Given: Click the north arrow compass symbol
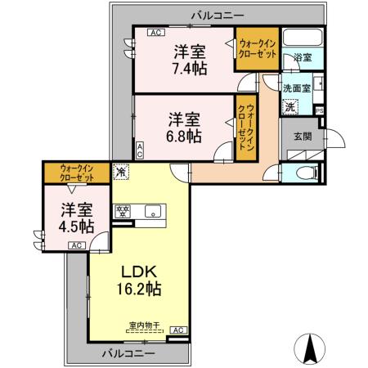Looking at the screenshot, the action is click(310, 348).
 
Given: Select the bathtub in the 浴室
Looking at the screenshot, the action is click(303, 37).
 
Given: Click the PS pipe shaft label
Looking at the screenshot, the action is click(320, 111).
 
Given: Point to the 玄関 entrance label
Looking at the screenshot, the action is click(303, 137).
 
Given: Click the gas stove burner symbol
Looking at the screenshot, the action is click(123, 212).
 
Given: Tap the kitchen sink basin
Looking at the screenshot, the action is click(153, 211).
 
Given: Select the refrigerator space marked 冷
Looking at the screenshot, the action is click(120, 172).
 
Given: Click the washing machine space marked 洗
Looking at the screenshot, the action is click(290, 106).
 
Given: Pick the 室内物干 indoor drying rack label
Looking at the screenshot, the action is click(145, 325).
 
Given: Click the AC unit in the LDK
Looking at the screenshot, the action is click(178, 330).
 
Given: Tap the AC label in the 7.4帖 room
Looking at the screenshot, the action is click(156, 33).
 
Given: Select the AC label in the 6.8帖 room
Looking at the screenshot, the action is click(139, 150).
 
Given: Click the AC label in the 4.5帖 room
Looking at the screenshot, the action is click(77, 245).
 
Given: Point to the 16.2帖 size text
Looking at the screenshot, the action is click(139, 289).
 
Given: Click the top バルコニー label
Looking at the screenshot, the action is click(218, 16).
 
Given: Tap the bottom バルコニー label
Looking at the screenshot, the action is click(128, 354).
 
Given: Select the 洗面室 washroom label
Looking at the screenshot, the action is click(297, 88).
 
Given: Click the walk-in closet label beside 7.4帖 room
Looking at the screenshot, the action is click(258, 49).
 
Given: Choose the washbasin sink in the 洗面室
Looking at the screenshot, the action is click(318, 83).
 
